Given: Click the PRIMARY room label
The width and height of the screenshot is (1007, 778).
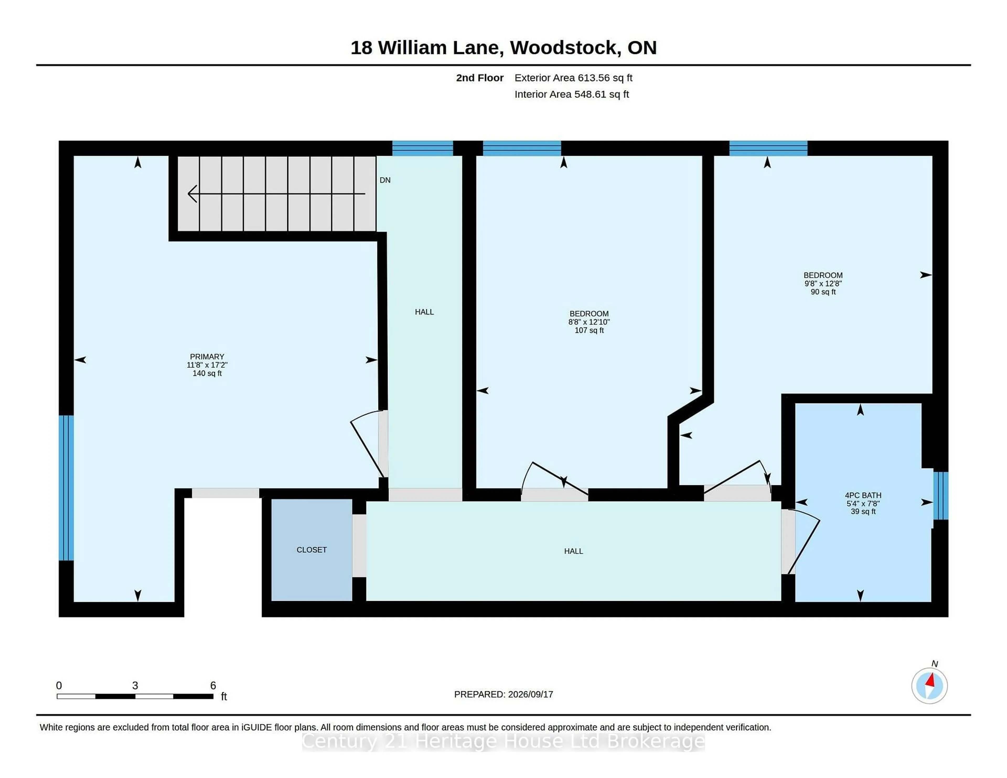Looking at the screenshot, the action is (207, 357).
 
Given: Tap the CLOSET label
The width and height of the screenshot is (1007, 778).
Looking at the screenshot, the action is (312, 550).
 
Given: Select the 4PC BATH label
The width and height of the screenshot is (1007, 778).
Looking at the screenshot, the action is (863, 495).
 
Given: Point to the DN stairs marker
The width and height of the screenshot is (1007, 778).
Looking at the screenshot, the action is (385, 180).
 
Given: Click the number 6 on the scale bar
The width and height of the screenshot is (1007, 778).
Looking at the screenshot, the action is (213, 685).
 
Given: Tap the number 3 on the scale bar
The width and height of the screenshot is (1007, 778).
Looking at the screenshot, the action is (135, 685).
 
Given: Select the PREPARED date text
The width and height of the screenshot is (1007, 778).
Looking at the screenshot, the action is (504, 694).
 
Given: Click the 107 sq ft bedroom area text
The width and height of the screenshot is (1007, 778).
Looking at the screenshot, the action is (589, 331).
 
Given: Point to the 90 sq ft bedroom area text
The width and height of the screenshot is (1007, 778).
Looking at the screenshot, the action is (823, 292).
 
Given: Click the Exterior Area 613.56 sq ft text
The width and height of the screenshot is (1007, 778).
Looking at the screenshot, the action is (574, 78).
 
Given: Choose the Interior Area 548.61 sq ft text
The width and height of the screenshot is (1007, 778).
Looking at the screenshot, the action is (572, 94).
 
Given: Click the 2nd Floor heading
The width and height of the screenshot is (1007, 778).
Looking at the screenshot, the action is (480, 78).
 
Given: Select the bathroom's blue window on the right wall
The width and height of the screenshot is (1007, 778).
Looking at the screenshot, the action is (941, 495).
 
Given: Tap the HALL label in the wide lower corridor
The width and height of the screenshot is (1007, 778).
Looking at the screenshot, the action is (574, 551).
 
